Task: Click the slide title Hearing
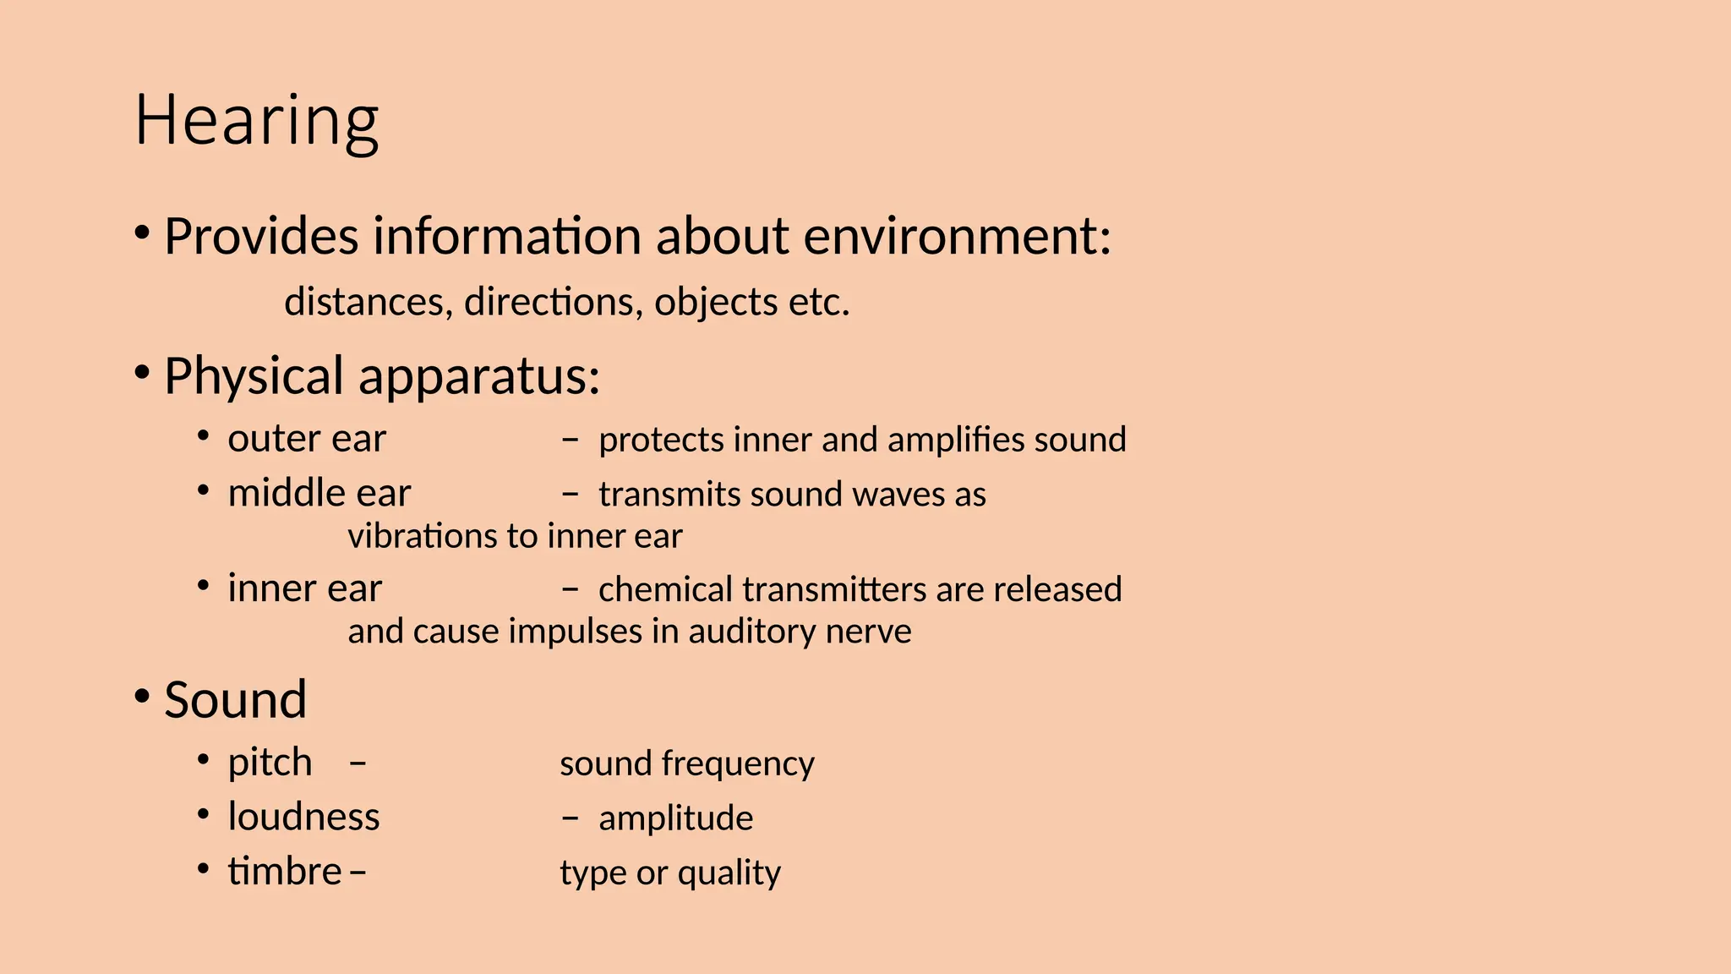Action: pos(256,121)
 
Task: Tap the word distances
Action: pos(364,302)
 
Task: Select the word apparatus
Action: pos(478,376)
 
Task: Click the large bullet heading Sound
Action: pos(235,700)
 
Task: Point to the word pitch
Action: pos(270,763)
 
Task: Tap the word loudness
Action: pos(303,817)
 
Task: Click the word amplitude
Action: pos(675,818)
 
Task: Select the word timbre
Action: pos(284,872)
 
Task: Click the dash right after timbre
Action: pos(358,873)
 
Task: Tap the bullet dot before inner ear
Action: pos(203,586)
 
